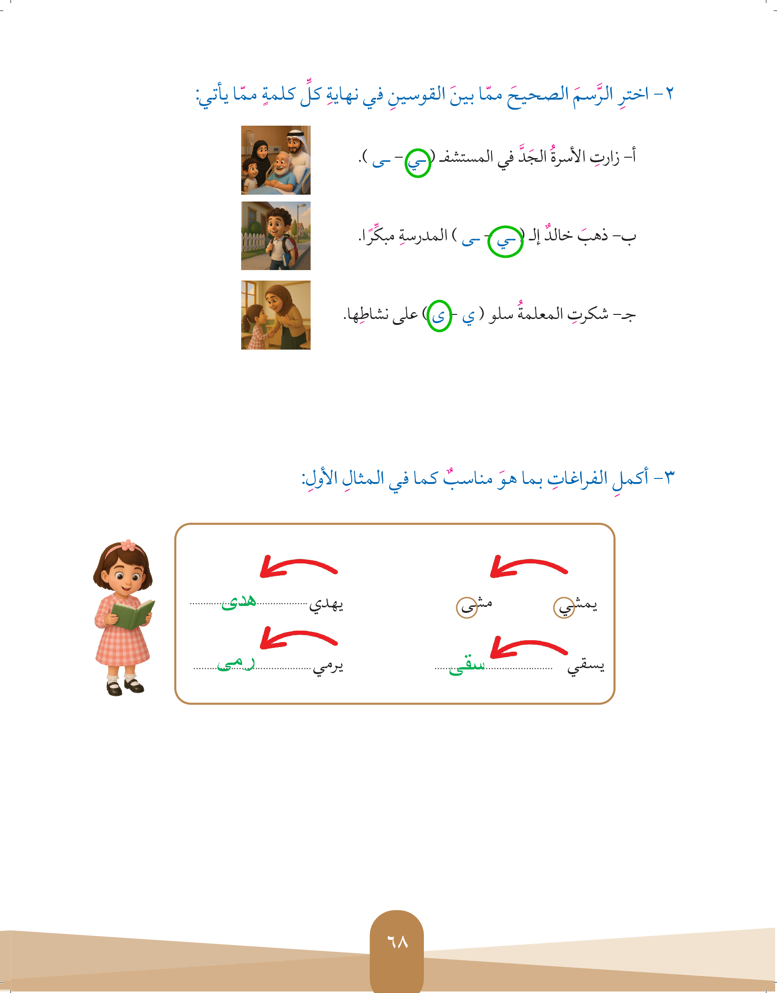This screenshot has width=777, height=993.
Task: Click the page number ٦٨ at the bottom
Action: pyautogui.click(x=397, y=941)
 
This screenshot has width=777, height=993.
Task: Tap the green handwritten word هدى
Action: pyautogui.click(x=239, y=602)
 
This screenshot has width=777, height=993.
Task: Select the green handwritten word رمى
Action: pyautogui.click(x=236, y=664)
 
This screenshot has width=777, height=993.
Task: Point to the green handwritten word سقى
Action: pyautogui.click(x=466, y=665)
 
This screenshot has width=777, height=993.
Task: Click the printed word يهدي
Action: pyautogui.click(x=326, y=605)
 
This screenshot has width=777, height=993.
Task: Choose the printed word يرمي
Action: pyautogui.click(x=328, y=667)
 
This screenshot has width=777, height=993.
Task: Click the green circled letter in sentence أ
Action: pyautogui.click(x=418, y=163)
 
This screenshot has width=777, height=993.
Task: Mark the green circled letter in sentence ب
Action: pyautogui.click(x=505, y=241)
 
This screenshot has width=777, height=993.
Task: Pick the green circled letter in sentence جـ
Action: pyautogui.click(x=439, y=316)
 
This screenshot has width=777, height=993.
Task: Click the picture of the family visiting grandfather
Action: pyautogui.click(x=276, y=160)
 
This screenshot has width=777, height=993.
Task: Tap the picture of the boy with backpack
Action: pyautogui.click(x=276, y=236)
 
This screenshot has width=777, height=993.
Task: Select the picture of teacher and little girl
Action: pyautogui.click(x=276, y=315)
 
